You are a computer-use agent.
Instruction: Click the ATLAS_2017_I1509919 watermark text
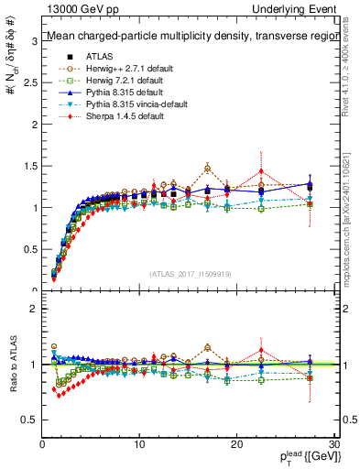point(190,272)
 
